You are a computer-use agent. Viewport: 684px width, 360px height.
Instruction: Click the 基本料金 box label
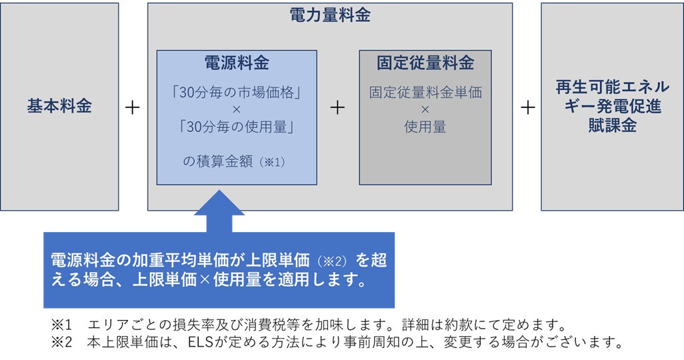59,106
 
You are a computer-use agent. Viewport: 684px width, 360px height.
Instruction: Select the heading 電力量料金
330,16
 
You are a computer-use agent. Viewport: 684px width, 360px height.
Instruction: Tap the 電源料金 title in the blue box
237,63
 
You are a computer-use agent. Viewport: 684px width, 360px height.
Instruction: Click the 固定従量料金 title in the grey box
425,63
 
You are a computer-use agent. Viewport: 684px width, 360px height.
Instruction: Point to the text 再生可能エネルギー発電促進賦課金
612,106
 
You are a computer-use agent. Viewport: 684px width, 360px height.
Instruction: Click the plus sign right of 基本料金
133,107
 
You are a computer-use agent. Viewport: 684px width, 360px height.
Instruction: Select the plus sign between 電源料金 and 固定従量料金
338,107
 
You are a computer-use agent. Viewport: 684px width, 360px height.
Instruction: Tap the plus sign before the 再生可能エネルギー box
527,107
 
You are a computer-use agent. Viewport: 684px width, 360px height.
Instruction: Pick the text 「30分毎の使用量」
237,125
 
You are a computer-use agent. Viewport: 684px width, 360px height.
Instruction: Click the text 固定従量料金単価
425,91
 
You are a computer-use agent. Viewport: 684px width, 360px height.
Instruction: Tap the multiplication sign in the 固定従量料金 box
425,109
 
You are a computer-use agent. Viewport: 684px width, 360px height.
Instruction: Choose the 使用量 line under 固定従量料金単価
425,126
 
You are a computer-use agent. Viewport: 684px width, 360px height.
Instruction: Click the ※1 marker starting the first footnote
61,326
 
